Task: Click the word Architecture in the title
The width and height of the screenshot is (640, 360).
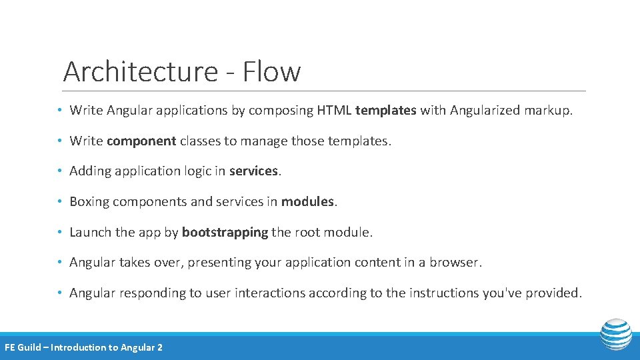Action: [x=140, y=72]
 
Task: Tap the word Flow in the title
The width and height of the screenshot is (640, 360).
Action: [x=271, y=72]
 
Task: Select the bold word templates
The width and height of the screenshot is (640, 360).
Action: [x=386, y=110]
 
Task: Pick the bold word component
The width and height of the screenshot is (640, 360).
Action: [x=141, y=141]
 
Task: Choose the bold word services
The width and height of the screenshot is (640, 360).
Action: [x=253, y=171]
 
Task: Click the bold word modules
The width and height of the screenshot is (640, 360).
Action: [x=307, y=201]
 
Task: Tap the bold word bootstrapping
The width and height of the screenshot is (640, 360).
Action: [x=225, y=232]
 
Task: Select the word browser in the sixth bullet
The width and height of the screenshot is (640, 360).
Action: [x=455, y=263]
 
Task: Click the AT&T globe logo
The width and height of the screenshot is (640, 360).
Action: [x=615, y=335]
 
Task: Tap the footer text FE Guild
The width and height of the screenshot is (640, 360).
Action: [x=23, y=347]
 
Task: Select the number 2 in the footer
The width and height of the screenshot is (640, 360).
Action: [x=159, y=347]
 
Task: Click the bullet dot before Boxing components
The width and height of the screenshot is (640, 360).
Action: [x=60, y=202]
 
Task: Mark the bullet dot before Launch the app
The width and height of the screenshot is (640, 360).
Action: [x=60, y=233]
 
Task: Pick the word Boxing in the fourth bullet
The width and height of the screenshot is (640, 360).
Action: [x=89, y=202]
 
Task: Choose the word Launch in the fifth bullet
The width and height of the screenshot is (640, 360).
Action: [x=90, y=232]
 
